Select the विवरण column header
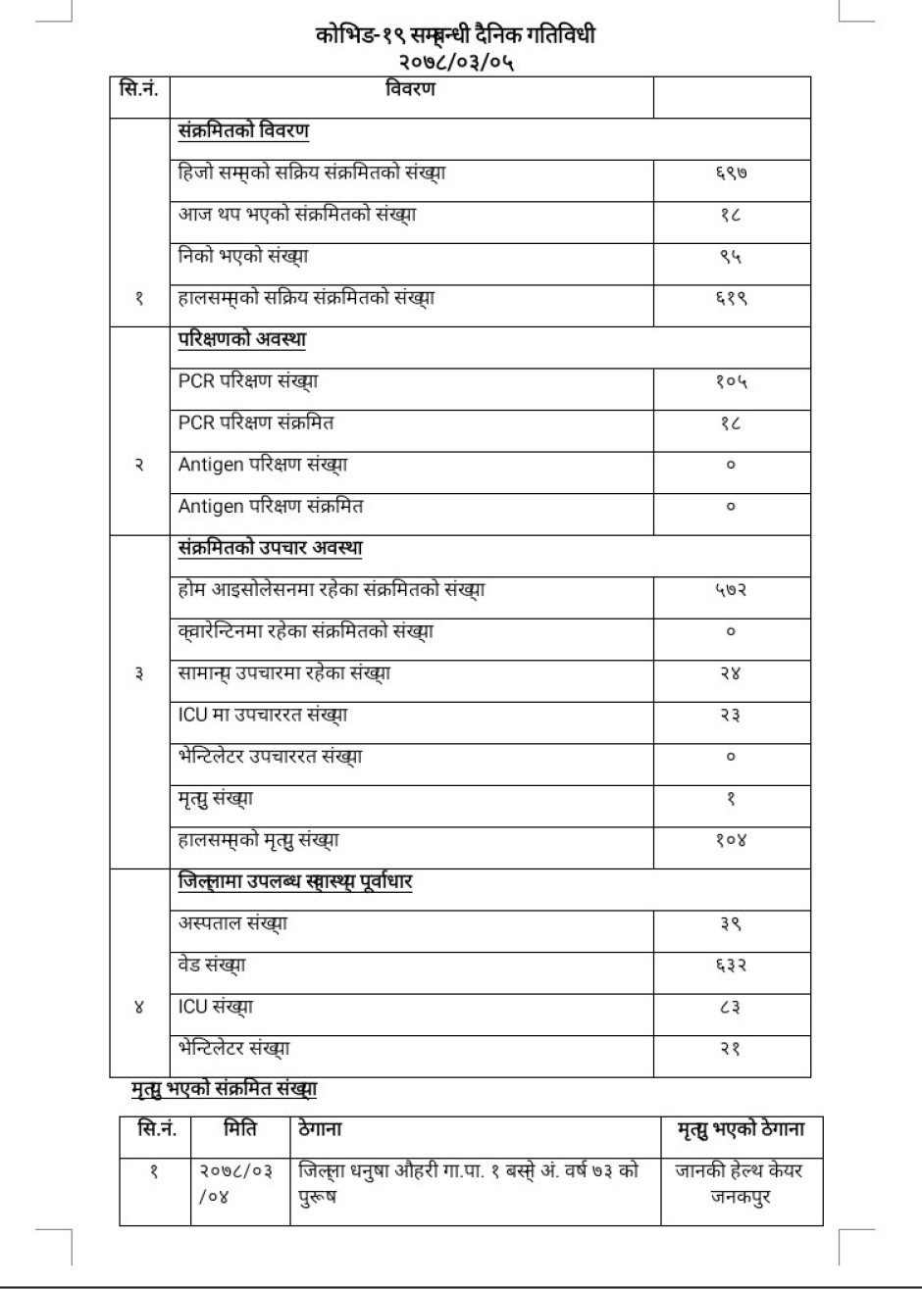[x=409, y=90]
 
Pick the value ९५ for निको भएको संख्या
[x=732, y=257]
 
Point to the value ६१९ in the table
[x=732, y=299]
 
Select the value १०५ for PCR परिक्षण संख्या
[x=732, y=382]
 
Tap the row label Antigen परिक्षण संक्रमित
[x=272, y=507]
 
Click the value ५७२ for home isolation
[x=732, y=590]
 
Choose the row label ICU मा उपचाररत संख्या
[x=262, y=716]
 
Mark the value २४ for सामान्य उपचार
[x=732, y=673]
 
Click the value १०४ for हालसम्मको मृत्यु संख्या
[x=732, y=840]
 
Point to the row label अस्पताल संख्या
[x=233, y=923]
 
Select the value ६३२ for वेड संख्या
[x=732, y=966]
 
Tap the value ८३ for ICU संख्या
[x=732, y=1007]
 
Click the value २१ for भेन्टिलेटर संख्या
[x=732, y=1049]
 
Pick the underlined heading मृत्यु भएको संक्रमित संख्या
[x=225, y=1087]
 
